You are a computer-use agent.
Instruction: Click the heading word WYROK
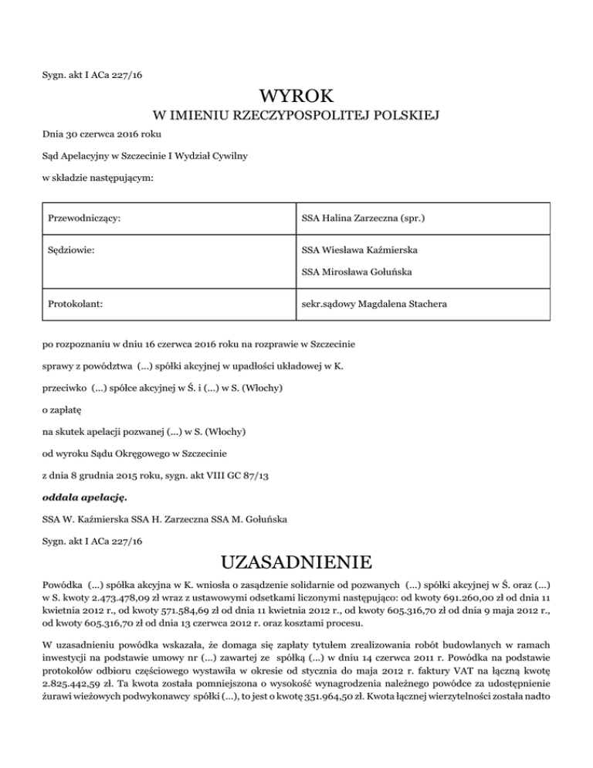pos(296,97)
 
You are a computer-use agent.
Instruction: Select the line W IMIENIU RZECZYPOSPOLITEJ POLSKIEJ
pos(296,117)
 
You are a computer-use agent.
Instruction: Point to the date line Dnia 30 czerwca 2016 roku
pos(107,134)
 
